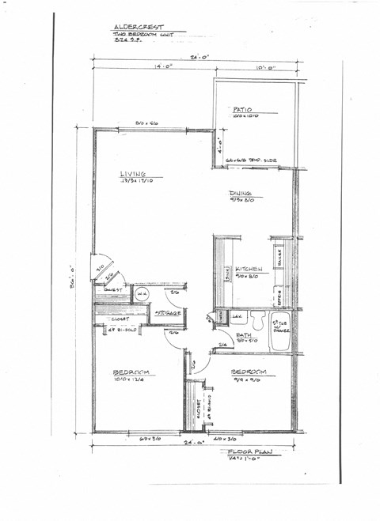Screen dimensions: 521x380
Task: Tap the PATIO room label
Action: [x=241, y=109]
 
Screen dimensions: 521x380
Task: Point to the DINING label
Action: [x=241, y=193]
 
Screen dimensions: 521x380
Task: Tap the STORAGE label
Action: [x=168, y=313]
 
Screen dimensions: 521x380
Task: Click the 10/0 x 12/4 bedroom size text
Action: [x=128, y=380]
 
